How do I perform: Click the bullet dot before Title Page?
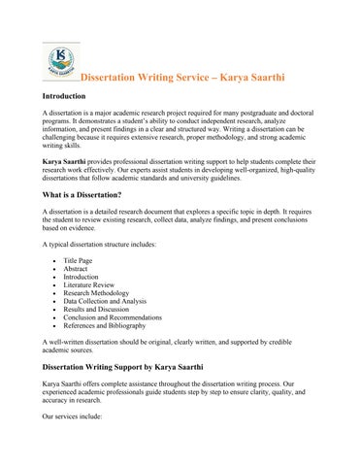pyautogui.click(x=50, y=262)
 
